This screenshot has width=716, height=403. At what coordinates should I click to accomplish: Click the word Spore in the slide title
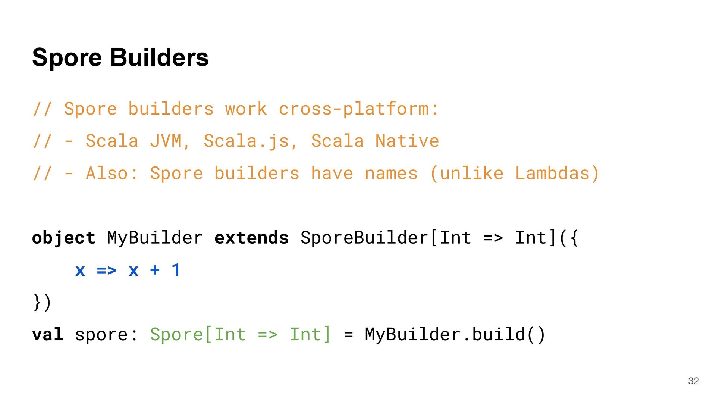[67, 58]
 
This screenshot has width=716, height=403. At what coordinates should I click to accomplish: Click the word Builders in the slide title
[159, 58]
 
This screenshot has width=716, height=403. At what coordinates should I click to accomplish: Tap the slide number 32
[693, 381]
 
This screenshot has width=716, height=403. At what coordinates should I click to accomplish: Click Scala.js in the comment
[246, 141]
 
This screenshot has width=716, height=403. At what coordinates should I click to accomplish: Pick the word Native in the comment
[407, 141]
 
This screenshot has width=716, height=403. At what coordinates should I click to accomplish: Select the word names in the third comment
[391, 174]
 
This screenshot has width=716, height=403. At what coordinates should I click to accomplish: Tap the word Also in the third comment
[107, 174]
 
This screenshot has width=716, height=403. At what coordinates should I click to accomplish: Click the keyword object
[64, 238]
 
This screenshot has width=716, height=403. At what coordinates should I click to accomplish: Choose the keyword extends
[252, 238]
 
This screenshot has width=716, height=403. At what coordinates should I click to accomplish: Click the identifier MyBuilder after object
[155, 238]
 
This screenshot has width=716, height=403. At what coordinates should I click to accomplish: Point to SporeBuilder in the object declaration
[364, 238]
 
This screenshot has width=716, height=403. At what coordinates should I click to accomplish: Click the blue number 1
[176, 270]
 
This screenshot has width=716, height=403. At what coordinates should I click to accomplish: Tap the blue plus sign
[155, 270]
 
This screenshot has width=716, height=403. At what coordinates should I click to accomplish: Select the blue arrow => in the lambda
[106, 270]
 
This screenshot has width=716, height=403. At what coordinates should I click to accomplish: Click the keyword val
[47, 334]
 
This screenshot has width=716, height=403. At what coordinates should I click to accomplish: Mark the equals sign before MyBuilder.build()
[348, 334]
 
